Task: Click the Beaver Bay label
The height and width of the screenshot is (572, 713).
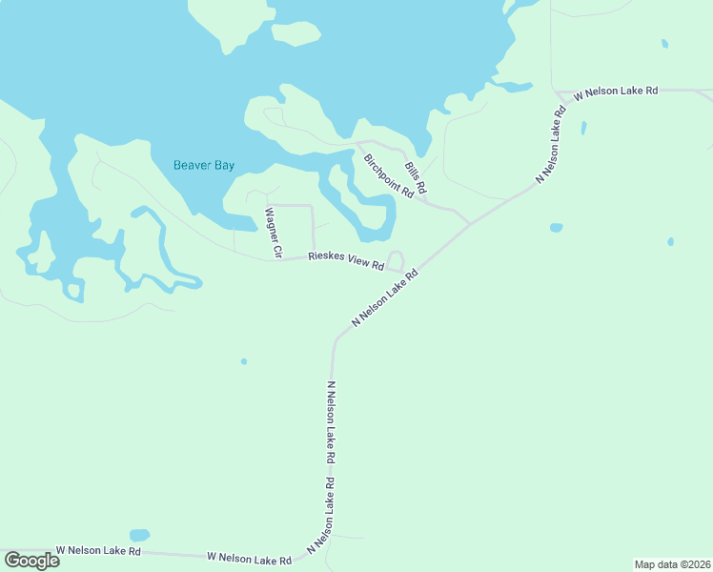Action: click(x=204, y=165)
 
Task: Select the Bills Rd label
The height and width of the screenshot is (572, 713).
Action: click(x=415, y=174)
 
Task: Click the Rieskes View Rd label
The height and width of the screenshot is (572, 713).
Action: click(x=346, y=261)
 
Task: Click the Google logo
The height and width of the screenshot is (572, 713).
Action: click(x=32, y=560)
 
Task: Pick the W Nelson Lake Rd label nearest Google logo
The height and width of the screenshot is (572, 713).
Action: click(x=98, y=551)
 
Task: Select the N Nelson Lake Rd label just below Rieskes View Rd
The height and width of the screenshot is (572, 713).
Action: click(x=385, y=299)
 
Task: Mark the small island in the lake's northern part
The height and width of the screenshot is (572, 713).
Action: click(x=295, y=33)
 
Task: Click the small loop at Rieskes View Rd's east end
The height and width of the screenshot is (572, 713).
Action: click(x=395, y=261)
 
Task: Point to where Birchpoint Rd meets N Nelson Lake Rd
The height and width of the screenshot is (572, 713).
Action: click(x=469, y=223)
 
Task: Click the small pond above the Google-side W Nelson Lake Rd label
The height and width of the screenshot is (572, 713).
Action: click(x=139, y=535)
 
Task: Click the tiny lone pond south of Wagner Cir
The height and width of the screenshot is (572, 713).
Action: click(x=244, y=361)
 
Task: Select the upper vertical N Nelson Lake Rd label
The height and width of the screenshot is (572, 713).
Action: click(x=331, y=423)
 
